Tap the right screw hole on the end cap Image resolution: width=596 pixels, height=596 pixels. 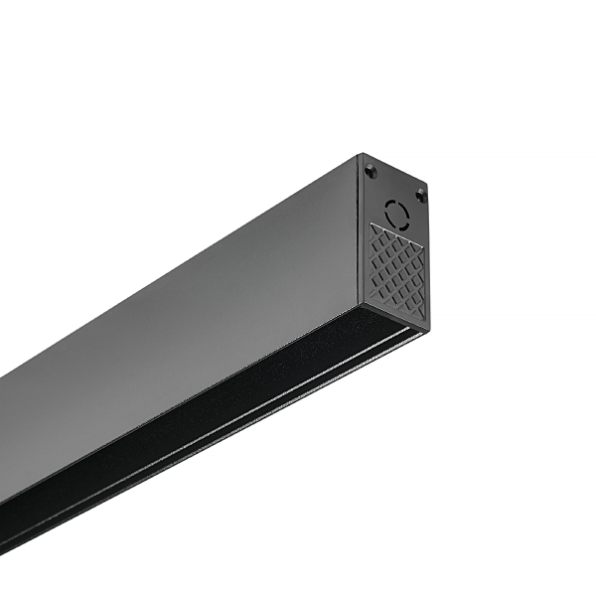420,196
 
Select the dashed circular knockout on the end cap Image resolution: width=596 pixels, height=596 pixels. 396,212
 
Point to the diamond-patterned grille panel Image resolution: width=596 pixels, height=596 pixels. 397,269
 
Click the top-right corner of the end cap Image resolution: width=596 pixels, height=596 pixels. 428,186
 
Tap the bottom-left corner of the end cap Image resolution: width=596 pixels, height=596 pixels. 360,298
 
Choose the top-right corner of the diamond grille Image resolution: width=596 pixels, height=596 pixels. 424,243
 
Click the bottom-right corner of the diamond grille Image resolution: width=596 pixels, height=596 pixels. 424,318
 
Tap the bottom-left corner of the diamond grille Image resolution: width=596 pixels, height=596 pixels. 371,295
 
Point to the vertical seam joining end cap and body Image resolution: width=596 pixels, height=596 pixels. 361,228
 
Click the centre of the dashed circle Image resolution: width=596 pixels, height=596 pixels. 396,212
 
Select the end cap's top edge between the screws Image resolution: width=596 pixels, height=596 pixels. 396,170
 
